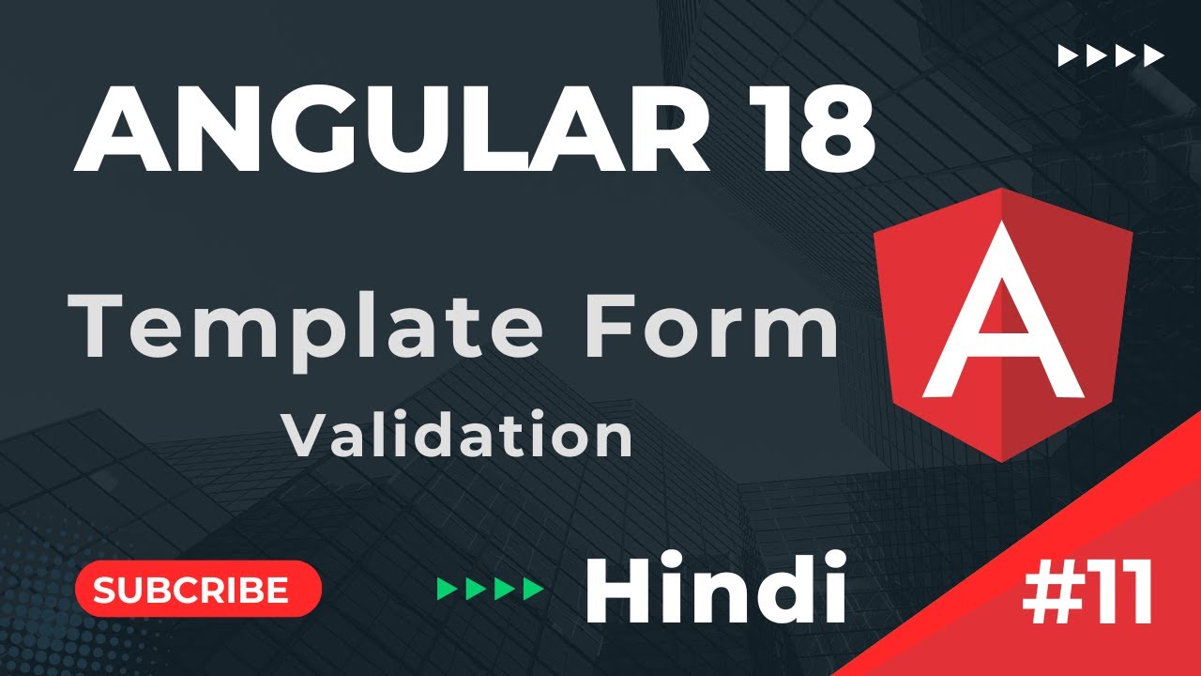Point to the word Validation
point(459,436)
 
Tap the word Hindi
point(715,589)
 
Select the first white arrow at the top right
point(1067,56)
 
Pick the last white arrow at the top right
point(1153,56)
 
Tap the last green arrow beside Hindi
point(534,590)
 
